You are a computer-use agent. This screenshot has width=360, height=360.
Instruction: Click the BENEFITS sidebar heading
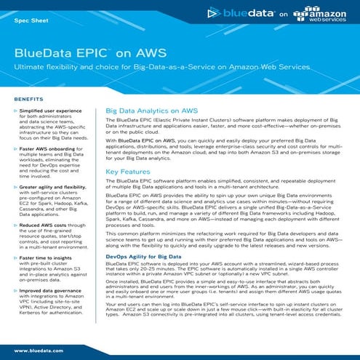pyautogui.click(x=28, y=97)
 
